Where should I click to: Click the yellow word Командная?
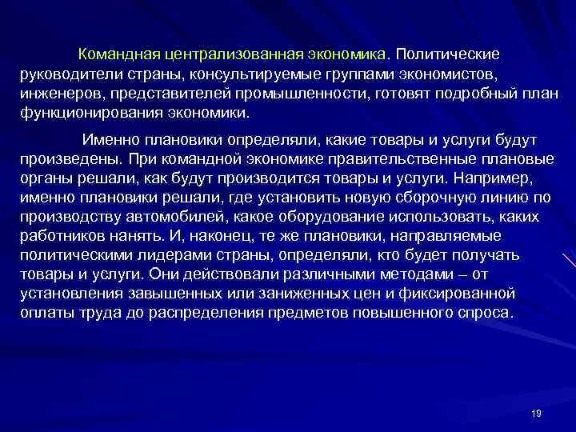(x=118, y=55)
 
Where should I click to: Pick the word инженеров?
(x=56, y=94)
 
